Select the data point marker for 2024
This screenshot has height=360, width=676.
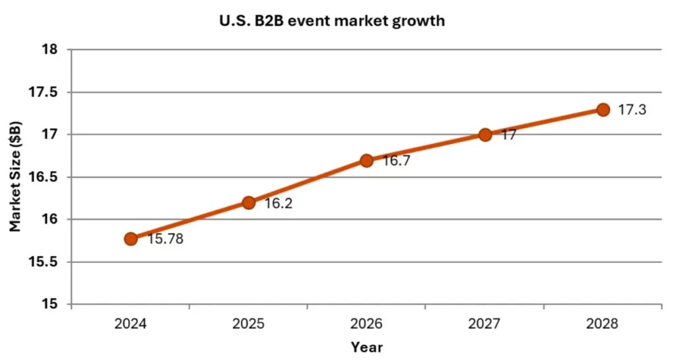131,238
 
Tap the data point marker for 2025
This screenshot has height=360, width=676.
249,203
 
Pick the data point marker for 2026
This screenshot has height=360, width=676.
367,161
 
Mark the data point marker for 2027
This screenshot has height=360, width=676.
485,135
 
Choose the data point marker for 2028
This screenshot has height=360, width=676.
603,110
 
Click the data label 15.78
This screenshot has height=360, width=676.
165,239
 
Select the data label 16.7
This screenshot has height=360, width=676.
396,161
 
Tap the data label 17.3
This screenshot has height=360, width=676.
632,110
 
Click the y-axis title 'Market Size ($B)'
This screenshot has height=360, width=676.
15,176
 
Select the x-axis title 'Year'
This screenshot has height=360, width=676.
366,347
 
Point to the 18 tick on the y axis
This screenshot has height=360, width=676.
50,50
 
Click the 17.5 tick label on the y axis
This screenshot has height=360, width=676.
44,92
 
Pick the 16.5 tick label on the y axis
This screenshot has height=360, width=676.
44,177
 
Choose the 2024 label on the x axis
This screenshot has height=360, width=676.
131,324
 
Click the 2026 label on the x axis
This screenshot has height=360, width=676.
367,324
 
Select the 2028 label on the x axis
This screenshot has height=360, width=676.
603,324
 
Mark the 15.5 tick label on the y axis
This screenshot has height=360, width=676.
44,262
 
